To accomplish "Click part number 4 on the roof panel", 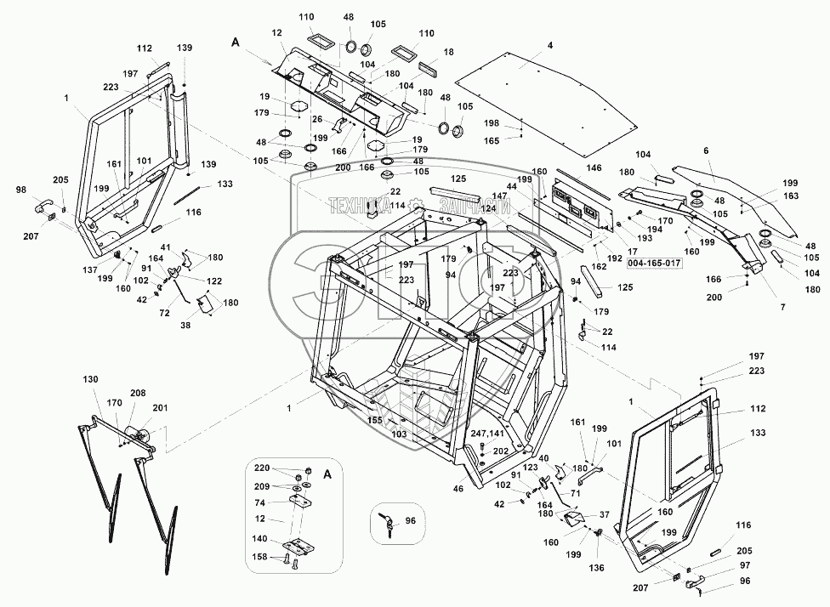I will click(550, 44).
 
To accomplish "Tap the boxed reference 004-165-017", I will click(654, 264).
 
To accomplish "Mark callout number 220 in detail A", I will click(263, 468).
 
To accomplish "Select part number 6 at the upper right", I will click(705, 150).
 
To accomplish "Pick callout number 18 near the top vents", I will click(448, 53).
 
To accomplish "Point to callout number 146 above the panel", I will click(594, 168).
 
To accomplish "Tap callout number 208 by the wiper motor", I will click(138, 393).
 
